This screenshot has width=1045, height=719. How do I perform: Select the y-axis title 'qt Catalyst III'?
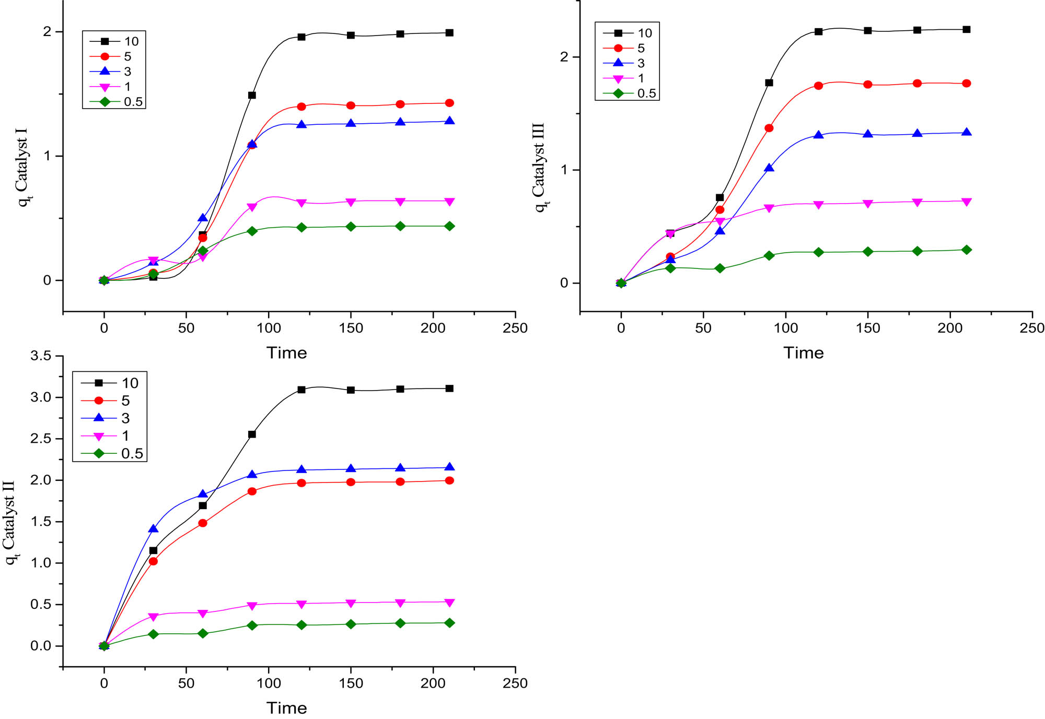(539, 167)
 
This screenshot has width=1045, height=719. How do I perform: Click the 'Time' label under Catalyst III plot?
(803, 353)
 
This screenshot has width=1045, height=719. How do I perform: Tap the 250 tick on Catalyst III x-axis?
(1031, 328)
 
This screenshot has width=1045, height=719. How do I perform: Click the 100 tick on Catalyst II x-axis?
(269, 683)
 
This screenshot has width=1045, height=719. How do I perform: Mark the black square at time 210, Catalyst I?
(449, 33)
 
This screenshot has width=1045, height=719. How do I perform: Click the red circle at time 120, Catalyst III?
(818, 86)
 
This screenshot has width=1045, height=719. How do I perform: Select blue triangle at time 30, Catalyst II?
(153, 529)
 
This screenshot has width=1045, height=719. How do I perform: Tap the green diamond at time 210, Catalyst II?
(449, 623)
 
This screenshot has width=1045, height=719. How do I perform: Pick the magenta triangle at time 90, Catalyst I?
(252, 207)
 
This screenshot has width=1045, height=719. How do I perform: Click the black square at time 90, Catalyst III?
(769, 82)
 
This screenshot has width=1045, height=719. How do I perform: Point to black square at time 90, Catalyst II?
(252, 434)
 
